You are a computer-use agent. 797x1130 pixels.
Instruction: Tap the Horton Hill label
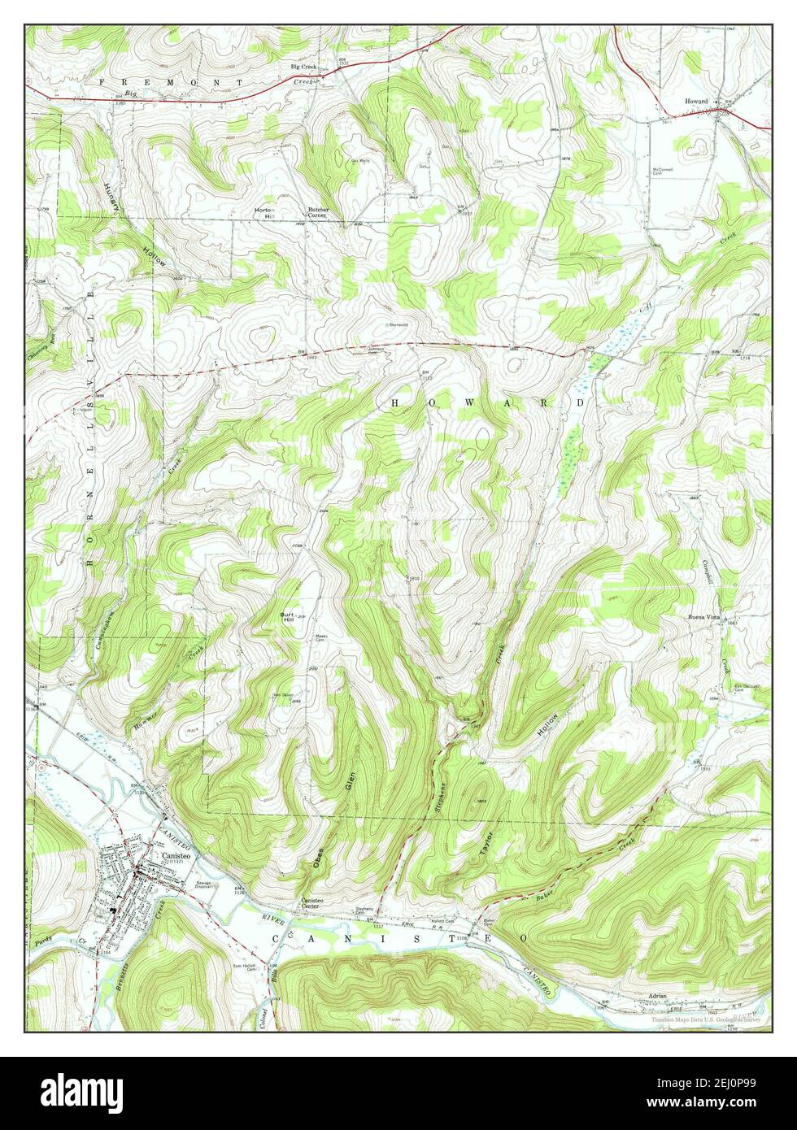[264, 213]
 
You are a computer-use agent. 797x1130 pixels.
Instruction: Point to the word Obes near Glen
[319, 858]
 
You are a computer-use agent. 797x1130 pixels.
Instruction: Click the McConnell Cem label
[664, 172]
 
